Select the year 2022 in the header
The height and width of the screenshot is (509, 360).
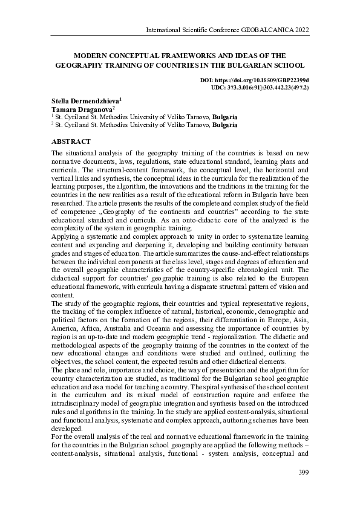[300, 30]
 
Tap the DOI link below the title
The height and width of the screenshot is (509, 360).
[254, 80]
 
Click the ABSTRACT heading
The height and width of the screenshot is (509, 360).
[71, 141]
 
